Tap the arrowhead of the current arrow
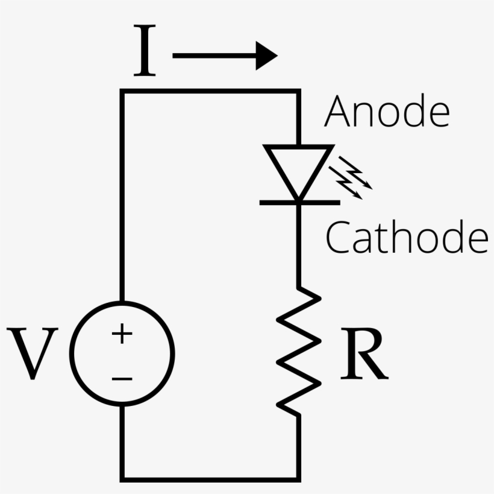click(x=265, y=55)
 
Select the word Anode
click(x=387, y=112)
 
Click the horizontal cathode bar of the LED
click(x=299, y=202)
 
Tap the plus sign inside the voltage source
click(x=122, y=334)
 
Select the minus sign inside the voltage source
click(x=122, y=379)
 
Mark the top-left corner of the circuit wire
click(x=122, y=92)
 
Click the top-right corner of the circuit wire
click(x=298, y=92)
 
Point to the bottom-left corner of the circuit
click(x=122, y=479)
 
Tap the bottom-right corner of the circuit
click(x=298, y=479)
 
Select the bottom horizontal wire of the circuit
click(x=211, y=479)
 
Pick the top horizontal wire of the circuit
click(x=211, y=92)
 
